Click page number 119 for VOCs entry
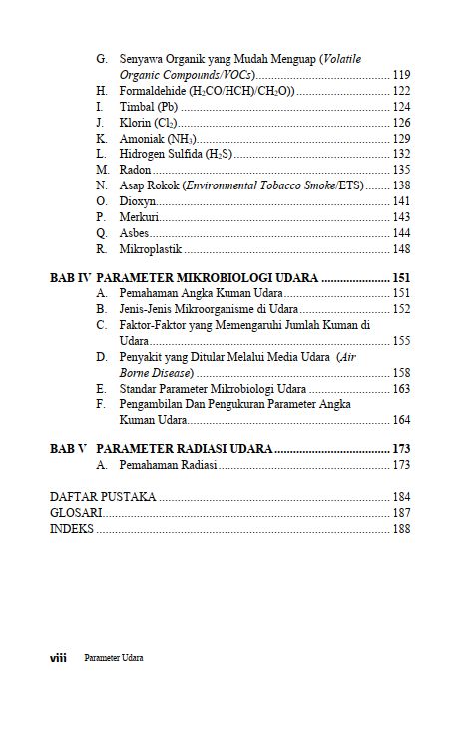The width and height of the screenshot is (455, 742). tap(402, 75)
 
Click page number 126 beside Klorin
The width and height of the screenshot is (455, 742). tap(402, 123)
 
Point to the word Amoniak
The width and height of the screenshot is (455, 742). tap(142, 139)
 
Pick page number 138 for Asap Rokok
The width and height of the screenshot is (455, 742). tap(402, 185)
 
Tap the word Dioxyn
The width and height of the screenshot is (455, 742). tap(137, 201)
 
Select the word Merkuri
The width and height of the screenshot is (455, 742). tap(139, 217)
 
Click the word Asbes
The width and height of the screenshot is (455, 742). tap(134, 233)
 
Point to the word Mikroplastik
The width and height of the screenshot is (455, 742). tap(150, 249)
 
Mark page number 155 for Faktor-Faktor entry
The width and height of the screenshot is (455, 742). tap(402, 340)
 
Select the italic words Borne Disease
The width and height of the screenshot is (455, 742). tap(151, 372)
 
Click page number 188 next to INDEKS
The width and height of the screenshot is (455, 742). tap(402, 528)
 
